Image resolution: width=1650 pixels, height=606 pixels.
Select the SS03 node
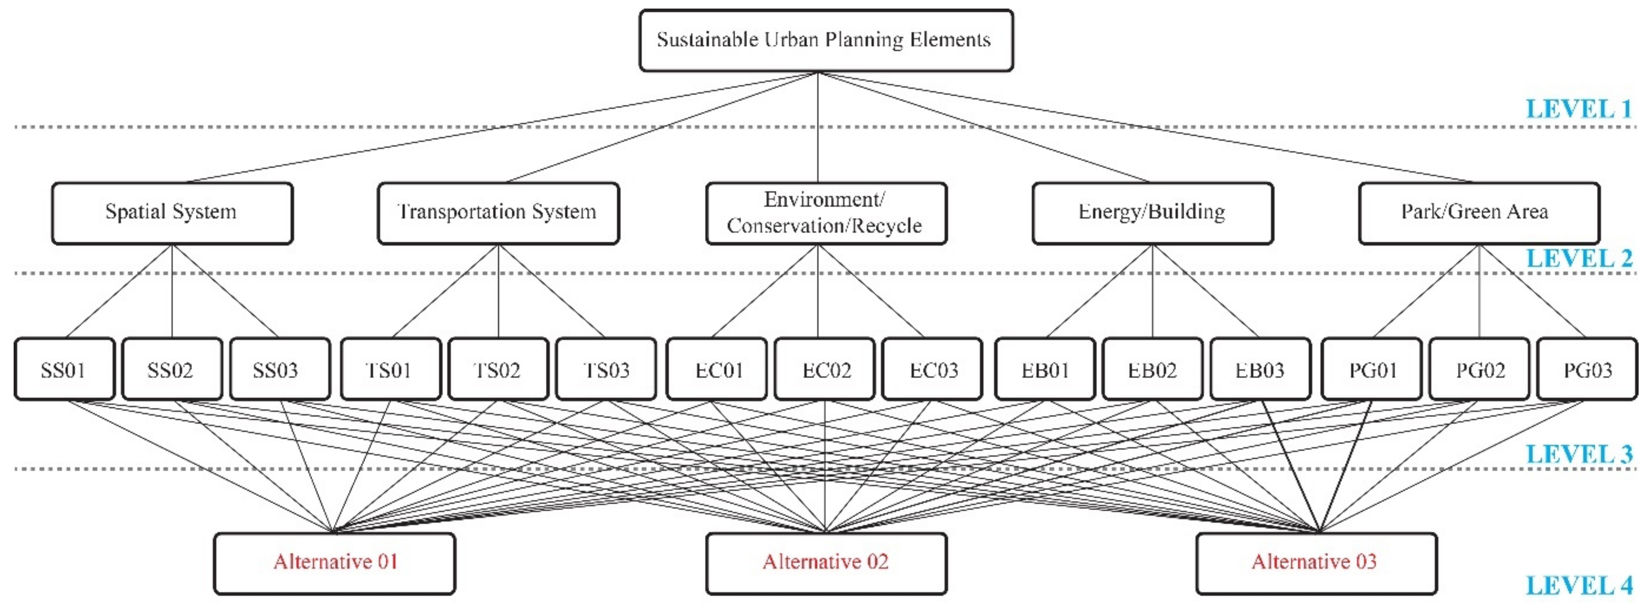point(280,370)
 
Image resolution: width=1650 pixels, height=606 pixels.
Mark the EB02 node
point(1152,370)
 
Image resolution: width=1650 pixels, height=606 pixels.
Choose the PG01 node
point(1371,370)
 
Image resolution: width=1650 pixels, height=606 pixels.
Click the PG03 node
point(1587,370)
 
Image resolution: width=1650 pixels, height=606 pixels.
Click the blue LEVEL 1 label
point(1579,109)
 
